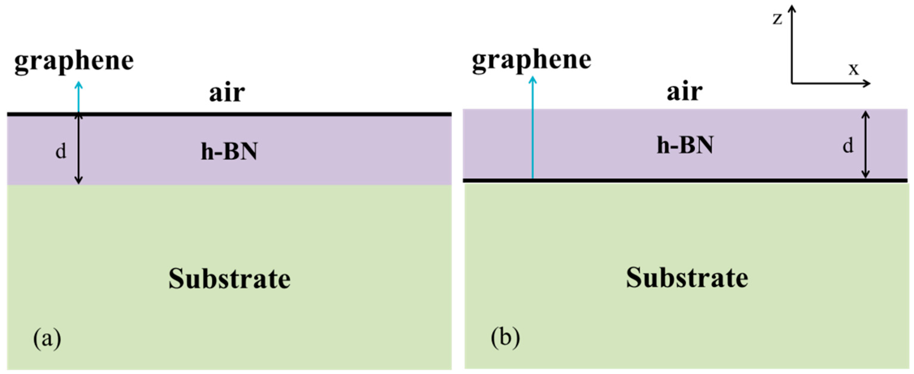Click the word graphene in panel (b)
click(x=532, y=60)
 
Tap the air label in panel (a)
click(x=227, y=93)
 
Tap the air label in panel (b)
click(x=684, y=91)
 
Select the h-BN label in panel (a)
click(x=229, y=152)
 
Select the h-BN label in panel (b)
click(x=685, y=146)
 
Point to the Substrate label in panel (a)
click(x=229, y=279)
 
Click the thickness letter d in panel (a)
click(x=61, y=152)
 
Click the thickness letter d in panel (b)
click(x=848, y=146)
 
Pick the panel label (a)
click(x=47, y=339)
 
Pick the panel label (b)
click(x=505, y=338)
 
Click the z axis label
click(x=777, y=19)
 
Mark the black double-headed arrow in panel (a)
click(x=79, y=149)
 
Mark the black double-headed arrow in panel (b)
click(x=866, y=145)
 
